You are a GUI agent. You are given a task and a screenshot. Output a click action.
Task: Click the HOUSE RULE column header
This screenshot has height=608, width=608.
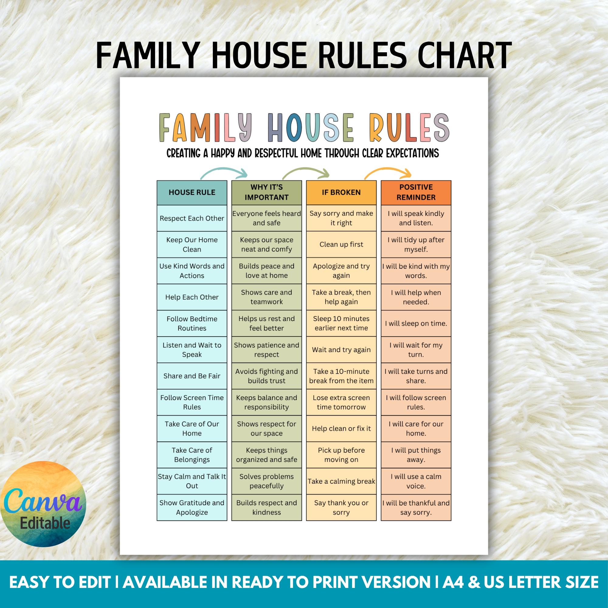click(x=192, y=192)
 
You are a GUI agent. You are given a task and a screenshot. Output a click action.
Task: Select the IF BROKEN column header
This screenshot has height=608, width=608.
click(x=341, y=192)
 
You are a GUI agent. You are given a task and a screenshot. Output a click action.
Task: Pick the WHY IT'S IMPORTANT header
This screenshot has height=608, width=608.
click(x=266, y=192)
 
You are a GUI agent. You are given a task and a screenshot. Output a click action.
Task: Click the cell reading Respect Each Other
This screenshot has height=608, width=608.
click(x=192, y=218)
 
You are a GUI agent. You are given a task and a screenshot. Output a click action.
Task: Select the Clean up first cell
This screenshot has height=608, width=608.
click(x=341, y=244)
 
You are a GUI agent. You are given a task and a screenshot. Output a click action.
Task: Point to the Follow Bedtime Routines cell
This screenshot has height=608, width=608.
click(x=192, y=323)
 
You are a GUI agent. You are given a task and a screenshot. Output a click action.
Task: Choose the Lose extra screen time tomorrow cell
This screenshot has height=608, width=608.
click(x=341, y=402)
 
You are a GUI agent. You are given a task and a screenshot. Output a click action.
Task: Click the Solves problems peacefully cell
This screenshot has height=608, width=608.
click(x=266, y=481)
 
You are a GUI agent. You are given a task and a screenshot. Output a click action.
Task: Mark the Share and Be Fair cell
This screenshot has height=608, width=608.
click(x=192, y=376)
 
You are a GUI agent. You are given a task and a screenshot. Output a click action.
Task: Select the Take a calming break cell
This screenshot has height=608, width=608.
click(x=341, y=481)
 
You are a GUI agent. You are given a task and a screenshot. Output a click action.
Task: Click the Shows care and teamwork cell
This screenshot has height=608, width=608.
click(x=266, y=297)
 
